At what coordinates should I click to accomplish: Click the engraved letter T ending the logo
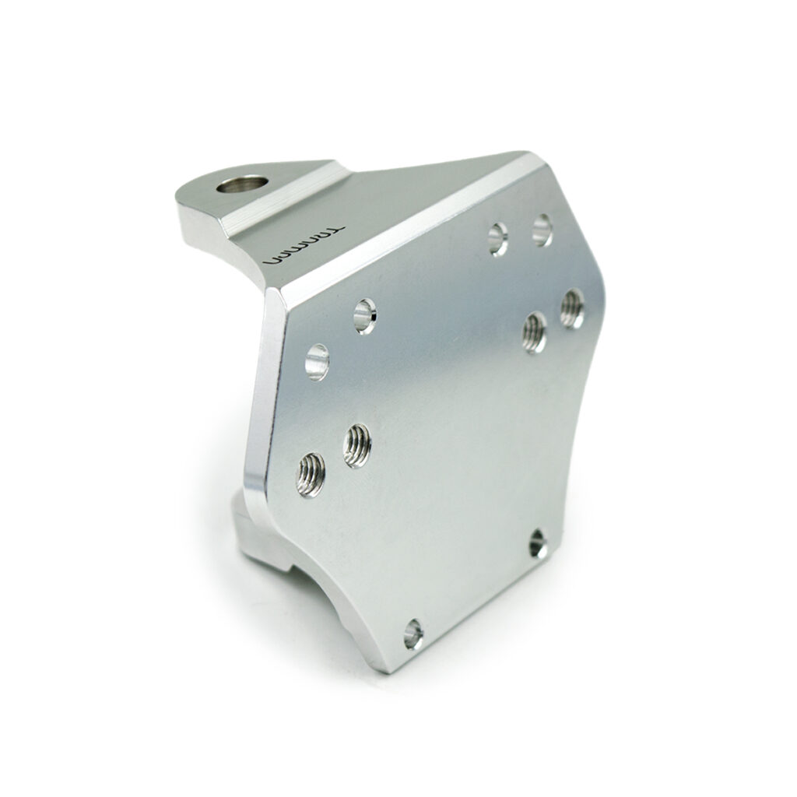pyautogui.click(x=333, y=230)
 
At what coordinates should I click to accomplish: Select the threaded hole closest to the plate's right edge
pyautogui.click(x=572, y=309)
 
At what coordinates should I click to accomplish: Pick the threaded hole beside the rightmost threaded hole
pyautogui.click(x=535, y=332)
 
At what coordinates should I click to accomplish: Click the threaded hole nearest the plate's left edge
pyautogui.click(x=311, y=475)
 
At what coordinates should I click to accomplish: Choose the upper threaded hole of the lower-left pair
pyautogui.click(x=357, y=445)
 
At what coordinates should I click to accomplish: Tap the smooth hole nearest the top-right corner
pyautogui.click(x=542, y=230)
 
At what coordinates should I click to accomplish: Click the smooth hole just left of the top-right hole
pyautogui.click(x=498, y=239)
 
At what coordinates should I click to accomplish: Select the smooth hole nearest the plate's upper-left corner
pyautogui.click(x=365, y=317)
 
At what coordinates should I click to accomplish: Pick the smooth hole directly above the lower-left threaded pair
pyautogui.click(x=317, y=363)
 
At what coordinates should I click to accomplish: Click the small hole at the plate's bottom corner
pyautogui.click(x=413, y=635)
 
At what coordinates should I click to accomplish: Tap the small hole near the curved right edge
pyautogui.click(x=539, y=545)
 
